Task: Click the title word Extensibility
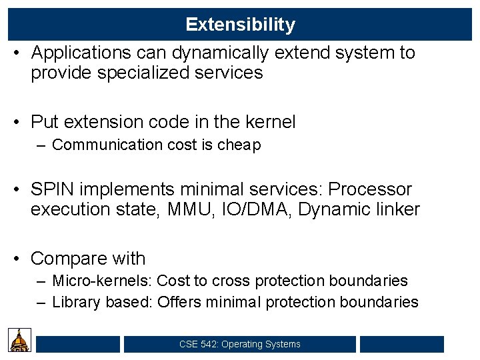pyautogui.click(x=240, y=25)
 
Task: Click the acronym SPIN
pyautogui.click(x=53, y=189)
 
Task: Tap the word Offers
pyautogui.click(x=179, y=302)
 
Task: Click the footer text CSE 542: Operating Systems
pyautogui.click(x=239, y=345)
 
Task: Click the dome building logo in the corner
pyautogui.click(x=19, y=340)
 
